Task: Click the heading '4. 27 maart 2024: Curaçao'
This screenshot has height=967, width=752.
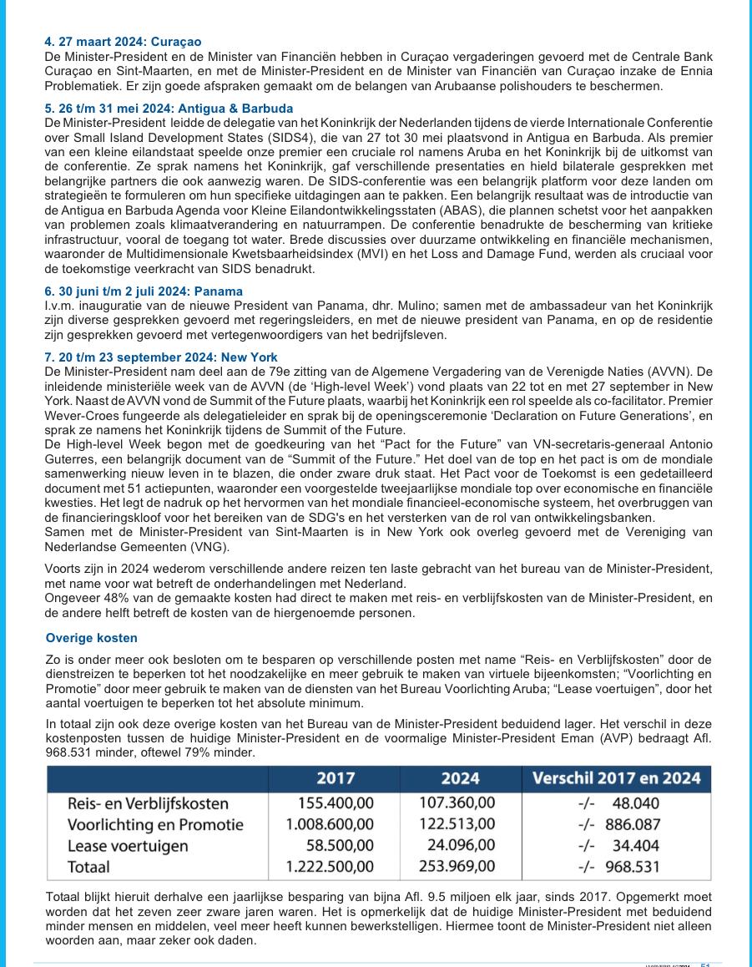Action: click(x=123, y=42)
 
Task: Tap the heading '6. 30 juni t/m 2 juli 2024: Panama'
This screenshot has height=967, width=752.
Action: click(x=144, y=291)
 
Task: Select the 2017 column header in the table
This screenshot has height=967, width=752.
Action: click(x=336, y=778)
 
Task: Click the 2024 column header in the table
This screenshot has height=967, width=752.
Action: click(x=460, y=778)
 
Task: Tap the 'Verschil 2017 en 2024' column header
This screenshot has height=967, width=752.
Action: click(x=616, y=778)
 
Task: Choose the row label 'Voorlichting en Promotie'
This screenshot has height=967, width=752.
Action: click(x=155, y=825)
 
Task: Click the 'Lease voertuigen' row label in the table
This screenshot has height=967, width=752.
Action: click(x=128, y=846)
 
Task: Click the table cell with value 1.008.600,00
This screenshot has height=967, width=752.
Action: click(x=330, y=825)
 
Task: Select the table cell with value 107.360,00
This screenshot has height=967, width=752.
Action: click(x=457, y=803)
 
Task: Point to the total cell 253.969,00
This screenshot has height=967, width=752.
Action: click(x=457, y=867)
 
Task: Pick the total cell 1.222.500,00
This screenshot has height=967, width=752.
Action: click(x=330, y=867)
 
